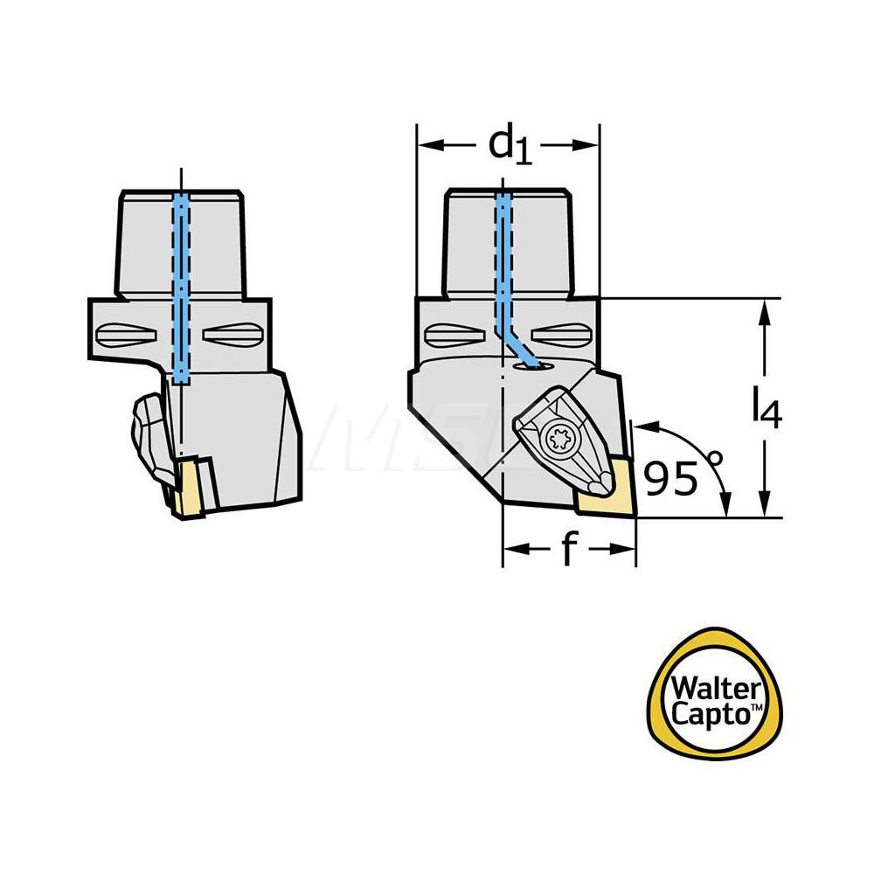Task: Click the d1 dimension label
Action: pyautogui.click(x=510, y=145)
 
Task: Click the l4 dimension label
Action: pyautogui.click(x=766, y=408)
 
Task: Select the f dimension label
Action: pyautogui.click(x=569, y=550)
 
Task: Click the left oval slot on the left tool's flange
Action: pyautogui.click(x=131, y=334)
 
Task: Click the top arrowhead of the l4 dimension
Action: pyautogui.click(x=766, y=308)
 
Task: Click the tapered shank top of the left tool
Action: pyautogui.click(x=179, y=240)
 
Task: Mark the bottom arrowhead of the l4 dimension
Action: pyautogui.click(x=766, y=509)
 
